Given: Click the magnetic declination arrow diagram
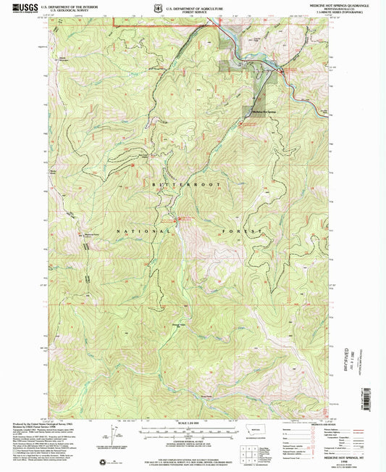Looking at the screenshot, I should (x=117, y=435).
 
